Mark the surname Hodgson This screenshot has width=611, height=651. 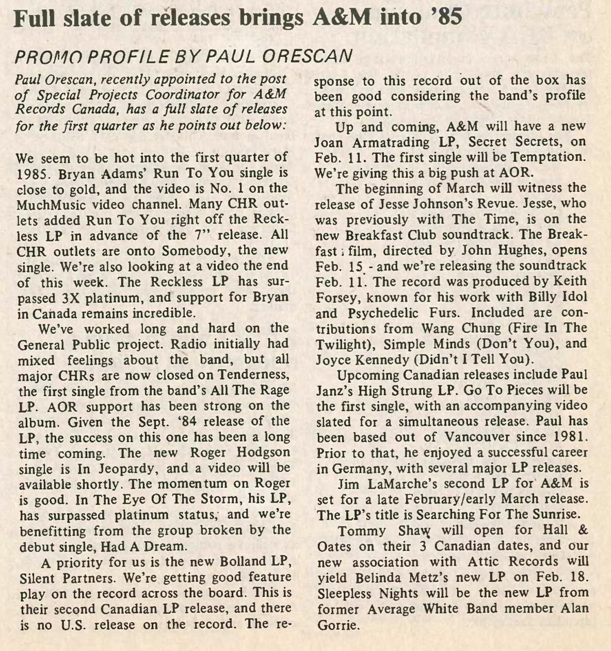pyautogui.click(x=255, y=453)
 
